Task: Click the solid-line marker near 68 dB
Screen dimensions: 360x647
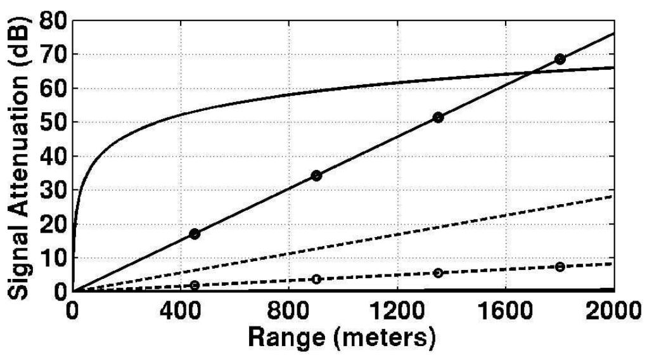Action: point(560,59)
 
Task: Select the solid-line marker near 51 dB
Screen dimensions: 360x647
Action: point(438,117)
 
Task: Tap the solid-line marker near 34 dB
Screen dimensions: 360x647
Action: point(316,176)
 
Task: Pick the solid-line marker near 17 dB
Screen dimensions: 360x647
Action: point(195,234)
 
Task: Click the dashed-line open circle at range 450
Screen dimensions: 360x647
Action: point(195,285)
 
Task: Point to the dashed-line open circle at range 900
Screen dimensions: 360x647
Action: point(316,279)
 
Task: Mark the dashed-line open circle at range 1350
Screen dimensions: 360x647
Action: point(438,273)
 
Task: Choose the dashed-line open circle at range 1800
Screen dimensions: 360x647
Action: point(560,267)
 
